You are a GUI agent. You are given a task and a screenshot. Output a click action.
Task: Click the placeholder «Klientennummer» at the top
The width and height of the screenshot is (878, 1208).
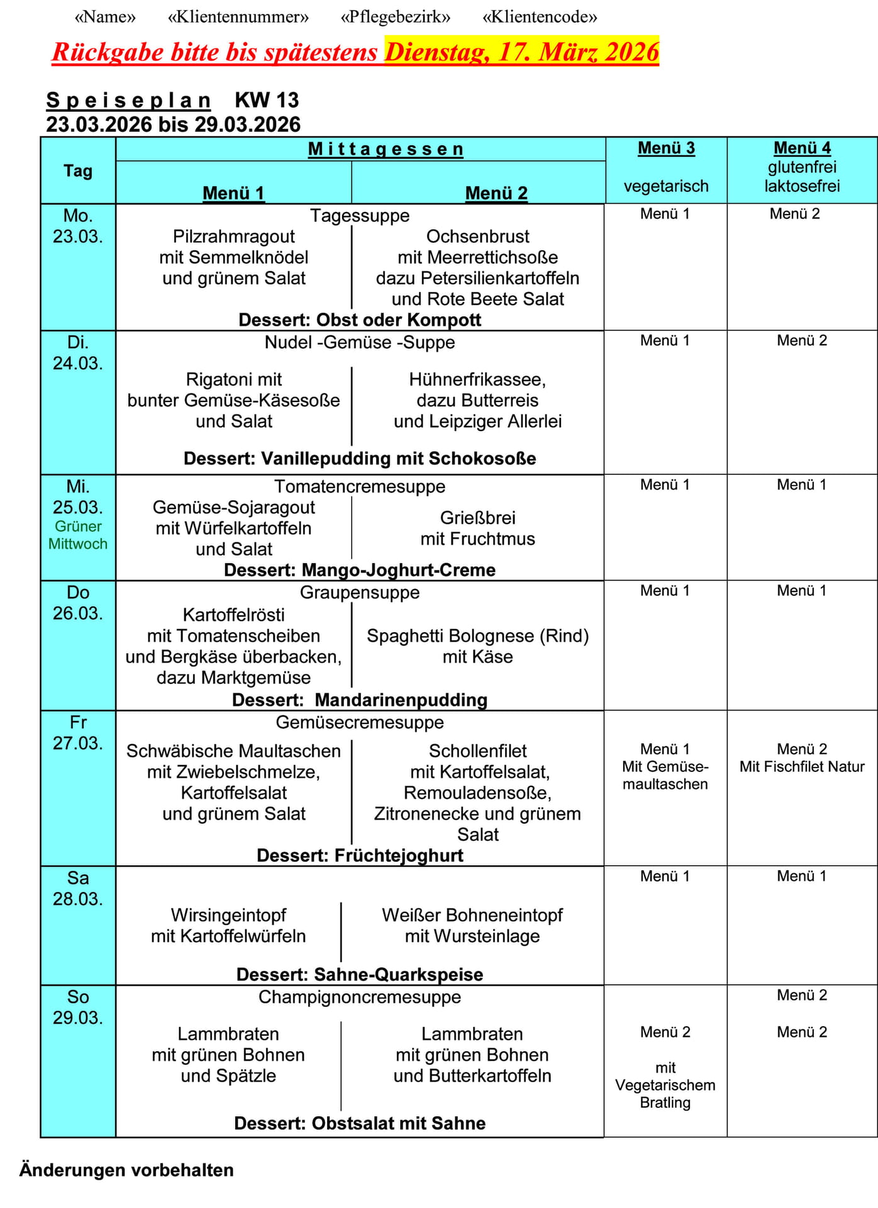238,17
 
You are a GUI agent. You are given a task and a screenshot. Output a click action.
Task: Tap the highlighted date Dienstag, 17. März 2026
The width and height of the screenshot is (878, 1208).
521,52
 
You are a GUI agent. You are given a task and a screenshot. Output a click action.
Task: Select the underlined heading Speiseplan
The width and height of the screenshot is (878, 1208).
128,100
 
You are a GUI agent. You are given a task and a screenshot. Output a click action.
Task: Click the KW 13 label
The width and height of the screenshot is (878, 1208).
267,100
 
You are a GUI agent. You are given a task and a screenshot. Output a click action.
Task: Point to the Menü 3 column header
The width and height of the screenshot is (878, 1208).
666,148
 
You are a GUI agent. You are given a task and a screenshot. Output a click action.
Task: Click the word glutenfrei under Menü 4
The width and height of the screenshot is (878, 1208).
802,167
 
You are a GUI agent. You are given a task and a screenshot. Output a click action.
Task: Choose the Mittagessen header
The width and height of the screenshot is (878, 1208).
386,149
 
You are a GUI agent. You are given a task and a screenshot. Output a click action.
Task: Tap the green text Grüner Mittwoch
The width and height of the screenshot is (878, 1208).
78,535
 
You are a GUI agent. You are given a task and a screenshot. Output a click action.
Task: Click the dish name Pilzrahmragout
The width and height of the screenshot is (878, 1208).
233,237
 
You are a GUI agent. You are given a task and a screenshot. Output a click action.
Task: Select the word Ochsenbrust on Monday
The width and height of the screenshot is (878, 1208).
477,237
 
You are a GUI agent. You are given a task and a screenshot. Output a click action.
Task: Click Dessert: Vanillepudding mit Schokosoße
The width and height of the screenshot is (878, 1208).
360,458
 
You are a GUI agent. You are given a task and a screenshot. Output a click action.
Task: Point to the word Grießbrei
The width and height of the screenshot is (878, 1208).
477,518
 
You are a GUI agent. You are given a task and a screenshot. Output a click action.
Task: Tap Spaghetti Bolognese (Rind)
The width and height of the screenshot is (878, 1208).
477,636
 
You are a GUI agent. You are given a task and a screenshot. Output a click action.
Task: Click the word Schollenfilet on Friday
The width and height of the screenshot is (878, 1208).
477,751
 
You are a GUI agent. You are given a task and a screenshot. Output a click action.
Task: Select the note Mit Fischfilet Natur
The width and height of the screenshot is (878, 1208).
802,766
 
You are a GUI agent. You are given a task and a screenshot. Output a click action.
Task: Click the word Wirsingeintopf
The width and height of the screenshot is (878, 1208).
228,915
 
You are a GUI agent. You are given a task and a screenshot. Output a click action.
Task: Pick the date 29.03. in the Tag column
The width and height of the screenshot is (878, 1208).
78,1017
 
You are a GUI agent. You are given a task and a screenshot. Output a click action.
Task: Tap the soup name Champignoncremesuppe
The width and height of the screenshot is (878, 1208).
360,997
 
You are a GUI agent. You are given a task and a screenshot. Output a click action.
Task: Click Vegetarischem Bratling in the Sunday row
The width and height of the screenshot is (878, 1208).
665,1093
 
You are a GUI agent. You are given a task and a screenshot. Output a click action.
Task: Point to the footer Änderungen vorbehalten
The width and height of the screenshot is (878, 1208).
126,1170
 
